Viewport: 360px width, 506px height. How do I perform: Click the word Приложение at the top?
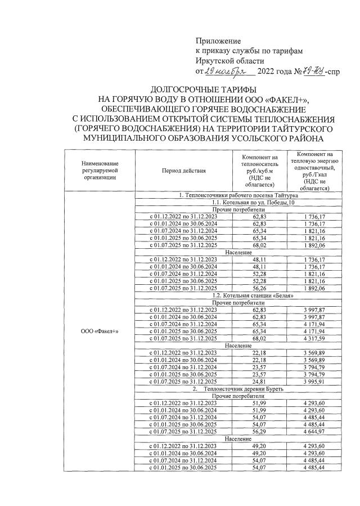pyautogui.click(x=218, y=41)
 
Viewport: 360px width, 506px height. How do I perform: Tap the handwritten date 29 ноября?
pyautogui.click(x=224, y=72)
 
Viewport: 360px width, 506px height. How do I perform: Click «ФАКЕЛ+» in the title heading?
pyautogui.click(x=283, y=100)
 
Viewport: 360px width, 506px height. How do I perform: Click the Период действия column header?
pyautogui.click(x=183, y=169)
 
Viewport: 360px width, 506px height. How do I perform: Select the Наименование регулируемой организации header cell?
pyautogui.click(x=99, y=169)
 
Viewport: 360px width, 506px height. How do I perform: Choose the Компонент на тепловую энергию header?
pyautogui.click(x=314, y=169)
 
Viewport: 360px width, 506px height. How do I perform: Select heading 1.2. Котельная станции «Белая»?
pyautogui.click(x=249, y=295)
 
